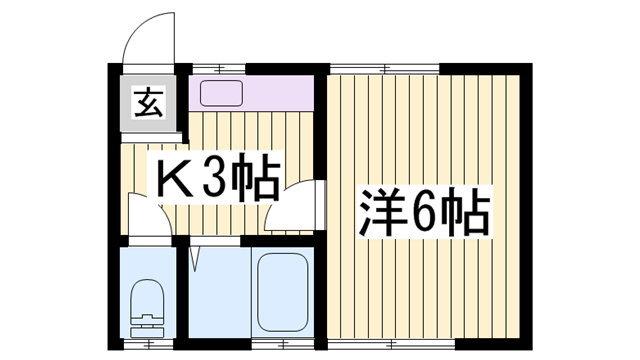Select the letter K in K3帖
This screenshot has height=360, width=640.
[x=172, y=181]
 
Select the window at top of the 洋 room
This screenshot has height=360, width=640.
[x=385, y=68]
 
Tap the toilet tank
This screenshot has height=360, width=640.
[x=148, y=325]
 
